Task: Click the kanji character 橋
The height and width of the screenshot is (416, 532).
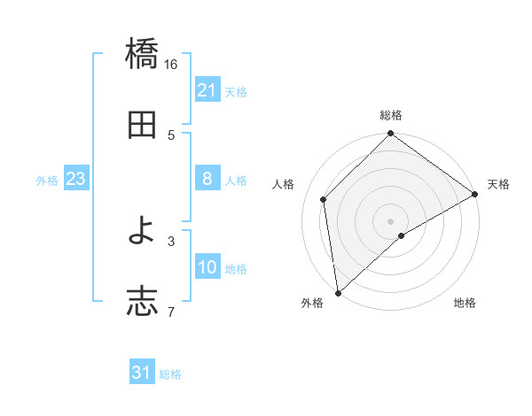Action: pyautogui.click(x=142, y=56)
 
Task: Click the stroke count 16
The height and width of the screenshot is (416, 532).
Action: pyautogui.click(x=171, y=65)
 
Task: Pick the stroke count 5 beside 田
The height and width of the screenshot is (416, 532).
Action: pyautogui.click(x=171, y=135)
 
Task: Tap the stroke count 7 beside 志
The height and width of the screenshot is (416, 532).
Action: pyautogui.click(x=171, y=311)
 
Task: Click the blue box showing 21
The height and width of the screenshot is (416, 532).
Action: pyautogui.click(x=207, y=90)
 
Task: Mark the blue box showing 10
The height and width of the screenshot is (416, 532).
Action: pyautogui.click(x=207, y=267)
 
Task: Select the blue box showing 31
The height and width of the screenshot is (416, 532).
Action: pyautogui.click(x=142, y=373)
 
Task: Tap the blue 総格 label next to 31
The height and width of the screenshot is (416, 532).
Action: pyautogui.click(x=170, y=374)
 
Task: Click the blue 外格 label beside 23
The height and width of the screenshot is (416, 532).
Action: pyautogui.click(x=47, y=181)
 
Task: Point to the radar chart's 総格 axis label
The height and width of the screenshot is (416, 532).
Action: pyautogui.click(x=391, y=116)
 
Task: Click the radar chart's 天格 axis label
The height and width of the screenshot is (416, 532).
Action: pyautogui.click(x=498, y=184)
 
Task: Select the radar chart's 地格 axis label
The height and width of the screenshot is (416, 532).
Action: pyautogui.click(x=465, y=304)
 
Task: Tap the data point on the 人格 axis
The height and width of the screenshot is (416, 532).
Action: pyautogui.click(x=324, y=199)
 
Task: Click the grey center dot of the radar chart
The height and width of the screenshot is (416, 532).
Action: pyautogui.click(x=391, y=220)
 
